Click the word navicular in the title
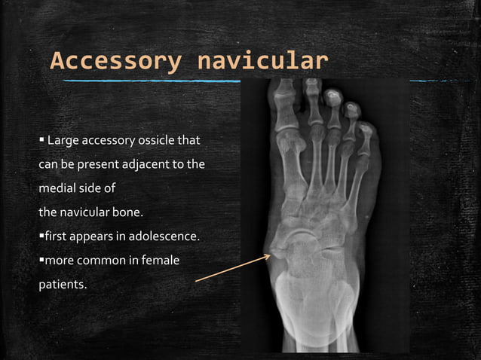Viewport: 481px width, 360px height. click(262, 61)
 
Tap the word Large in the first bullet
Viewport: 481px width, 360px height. click(63, 141)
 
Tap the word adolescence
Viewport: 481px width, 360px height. click(164, 236)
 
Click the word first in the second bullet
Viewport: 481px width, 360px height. click(57, 236)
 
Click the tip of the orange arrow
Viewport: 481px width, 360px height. click(271, 256)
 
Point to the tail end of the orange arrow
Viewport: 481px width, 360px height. click(196, 282)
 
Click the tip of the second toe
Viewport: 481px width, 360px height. click(312, 84)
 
